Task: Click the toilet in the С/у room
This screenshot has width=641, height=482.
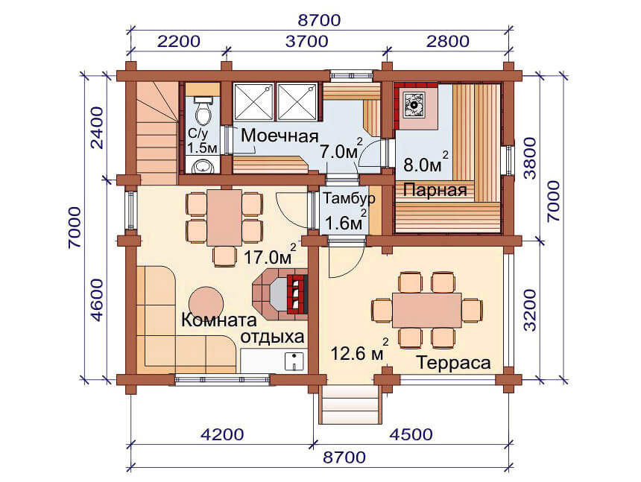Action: coord(202,111)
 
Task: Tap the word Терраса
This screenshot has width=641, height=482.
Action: coord(453,363)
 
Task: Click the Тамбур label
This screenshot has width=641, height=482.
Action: coord(350,198)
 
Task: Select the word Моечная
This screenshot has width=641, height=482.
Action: coord(280,136)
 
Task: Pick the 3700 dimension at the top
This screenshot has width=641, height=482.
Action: coord(306,41)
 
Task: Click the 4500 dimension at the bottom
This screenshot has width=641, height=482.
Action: coord(411,434)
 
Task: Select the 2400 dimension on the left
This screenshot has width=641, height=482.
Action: coord(98,128)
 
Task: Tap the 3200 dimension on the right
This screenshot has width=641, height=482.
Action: coord(530,310)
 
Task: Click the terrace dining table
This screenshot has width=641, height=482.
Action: coord(427,310)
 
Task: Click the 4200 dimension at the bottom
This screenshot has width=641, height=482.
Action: coord(222,434)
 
